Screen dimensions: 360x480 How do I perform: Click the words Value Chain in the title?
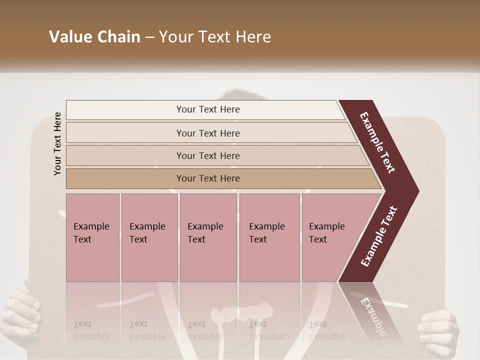click(x=94, y=37)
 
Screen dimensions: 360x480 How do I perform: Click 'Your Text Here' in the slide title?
click(x=215, y=37)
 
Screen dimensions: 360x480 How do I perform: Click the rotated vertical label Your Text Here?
click(x=57, y=143)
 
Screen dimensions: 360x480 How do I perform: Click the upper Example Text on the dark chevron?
click(x=377, y=142)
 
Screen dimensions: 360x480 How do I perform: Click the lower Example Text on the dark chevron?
click(x=379, y=236)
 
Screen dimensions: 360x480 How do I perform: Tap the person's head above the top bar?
click(x=240, y=94)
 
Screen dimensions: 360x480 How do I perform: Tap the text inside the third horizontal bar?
click(x=208, y=155)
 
